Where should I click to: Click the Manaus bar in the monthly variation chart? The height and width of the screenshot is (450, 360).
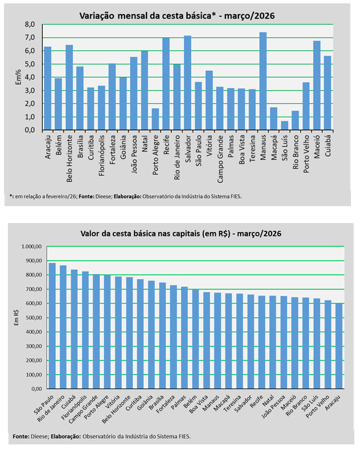263,81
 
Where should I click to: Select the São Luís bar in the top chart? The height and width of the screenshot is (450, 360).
285,126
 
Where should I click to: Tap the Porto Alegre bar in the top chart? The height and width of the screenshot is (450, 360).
155,119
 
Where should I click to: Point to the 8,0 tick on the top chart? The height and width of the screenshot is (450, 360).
30,25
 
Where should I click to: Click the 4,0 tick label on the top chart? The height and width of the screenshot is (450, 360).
30,77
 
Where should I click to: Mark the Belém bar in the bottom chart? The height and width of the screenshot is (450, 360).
195,338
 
